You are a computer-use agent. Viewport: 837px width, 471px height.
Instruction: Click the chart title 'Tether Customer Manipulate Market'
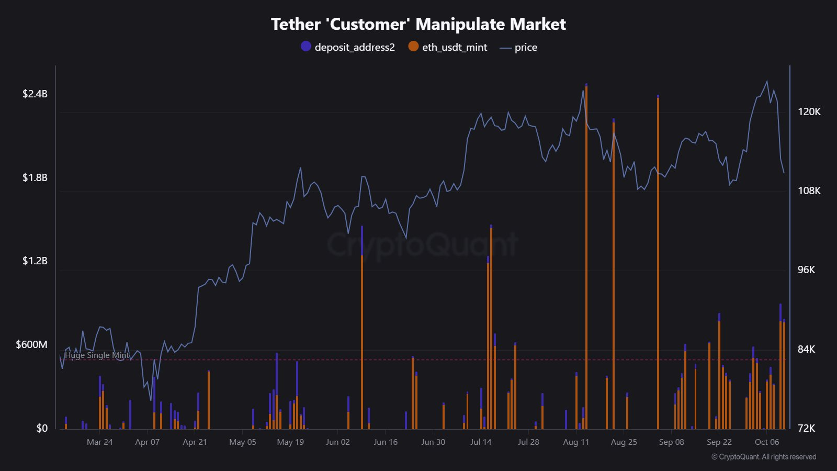[418, 24]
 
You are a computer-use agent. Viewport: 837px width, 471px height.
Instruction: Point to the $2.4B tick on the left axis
[35, 94]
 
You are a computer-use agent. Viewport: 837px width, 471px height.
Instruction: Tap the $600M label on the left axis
[32, 344]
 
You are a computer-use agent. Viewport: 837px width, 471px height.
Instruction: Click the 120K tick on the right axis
[809, 111]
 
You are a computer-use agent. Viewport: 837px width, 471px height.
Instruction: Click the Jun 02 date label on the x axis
[337, 442]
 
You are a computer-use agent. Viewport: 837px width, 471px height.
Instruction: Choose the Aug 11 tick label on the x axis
[575, 442]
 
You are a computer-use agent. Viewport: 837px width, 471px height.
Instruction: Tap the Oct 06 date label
[766, 442]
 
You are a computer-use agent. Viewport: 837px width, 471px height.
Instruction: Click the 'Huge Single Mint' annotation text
[97, 355]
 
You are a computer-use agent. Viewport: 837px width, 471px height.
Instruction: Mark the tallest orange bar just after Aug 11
[586, 256]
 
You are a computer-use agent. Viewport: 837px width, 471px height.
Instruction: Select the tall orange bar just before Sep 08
[658, 262]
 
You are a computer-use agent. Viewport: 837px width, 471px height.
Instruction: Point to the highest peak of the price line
[767, 81]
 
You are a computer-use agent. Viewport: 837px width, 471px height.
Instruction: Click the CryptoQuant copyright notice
[763, 457]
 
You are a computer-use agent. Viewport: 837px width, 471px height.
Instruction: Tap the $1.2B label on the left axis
[35, 261]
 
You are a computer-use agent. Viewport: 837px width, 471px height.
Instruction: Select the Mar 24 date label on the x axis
[99, 442]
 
